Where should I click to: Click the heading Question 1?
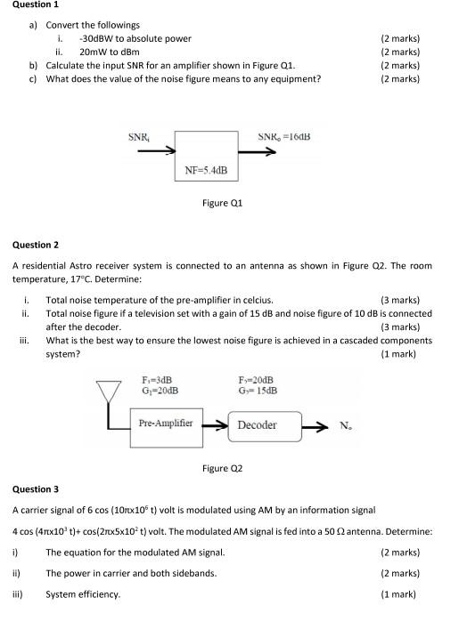pyautogui.click(x=33, y=5)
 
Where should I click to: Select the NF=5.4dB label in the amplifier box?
pyautogui.click(x=206, y=169)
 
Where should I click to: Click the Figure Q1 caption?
pyautogui.click(x=223, y=203)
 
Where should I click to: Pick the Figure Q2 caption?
pyautogui.click(x=223, y=468)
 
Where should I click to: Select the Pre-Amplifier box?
pyautogui.click(x=167, y=423)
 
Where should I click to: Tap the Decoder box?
pyautogui.click(x=266, y=425)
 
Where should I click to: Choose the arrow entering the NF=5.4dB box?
pyautogui.click(x=155, y=151)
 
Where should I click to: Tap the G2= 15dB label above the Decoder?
pyautogui.click(x=258, y=391)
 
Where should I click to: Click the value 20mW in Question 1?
pyautogui.click(x=94, y=52)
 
